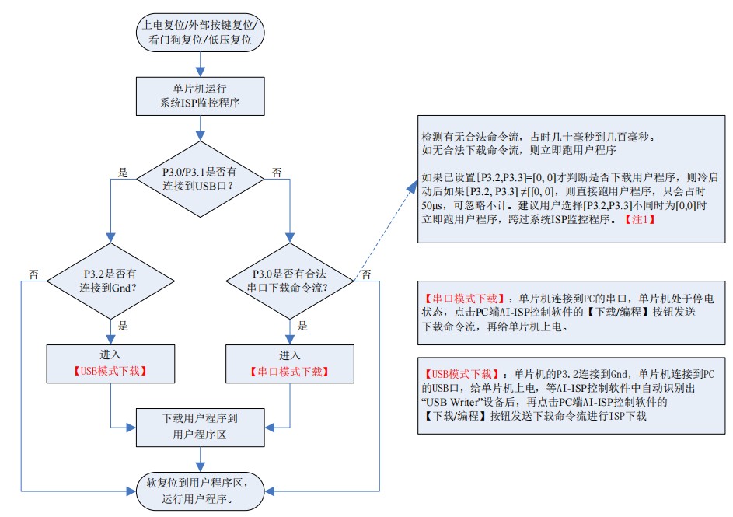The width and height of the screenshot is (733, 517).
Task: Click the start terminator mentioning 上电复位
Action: (x=200, y=33)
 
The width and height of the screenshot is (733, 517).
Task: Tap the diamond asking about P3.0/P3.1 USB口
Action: (x=200, y=180)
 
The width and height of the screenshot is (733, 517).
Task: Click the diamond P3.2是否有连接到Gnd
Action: (x=113, y=281)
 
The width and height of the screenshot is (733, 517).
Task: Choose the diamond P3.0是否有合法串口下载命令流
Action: (x=290, y=281)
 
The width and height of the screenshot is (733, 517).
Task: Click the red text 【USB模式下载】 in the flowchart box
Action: (x=113, y=371)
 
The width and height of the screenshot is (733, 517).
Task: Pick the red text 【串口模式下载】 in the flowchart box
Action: (x=290, y=371)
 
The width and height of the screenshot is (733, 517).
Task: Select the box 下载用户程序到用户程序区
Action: (x=200, y=427)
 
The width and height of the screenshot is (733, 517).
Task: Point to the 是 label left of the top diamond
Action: (x=123, y=171)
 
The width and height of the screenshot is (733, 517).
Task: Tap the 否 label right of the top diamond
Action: (x=277, y=171)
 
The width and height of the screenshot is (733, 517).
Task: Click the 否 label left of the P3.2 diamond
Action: (x=33, y=274)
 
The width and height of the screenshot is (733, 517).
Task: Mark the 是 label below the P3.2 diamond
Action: (x=123, y=327)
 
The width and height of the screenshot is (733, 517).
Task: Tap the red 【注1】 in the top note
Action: (x=640, y=220)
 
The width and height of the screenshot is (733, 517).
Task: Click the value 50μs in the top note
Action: (x=431, y=206)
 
